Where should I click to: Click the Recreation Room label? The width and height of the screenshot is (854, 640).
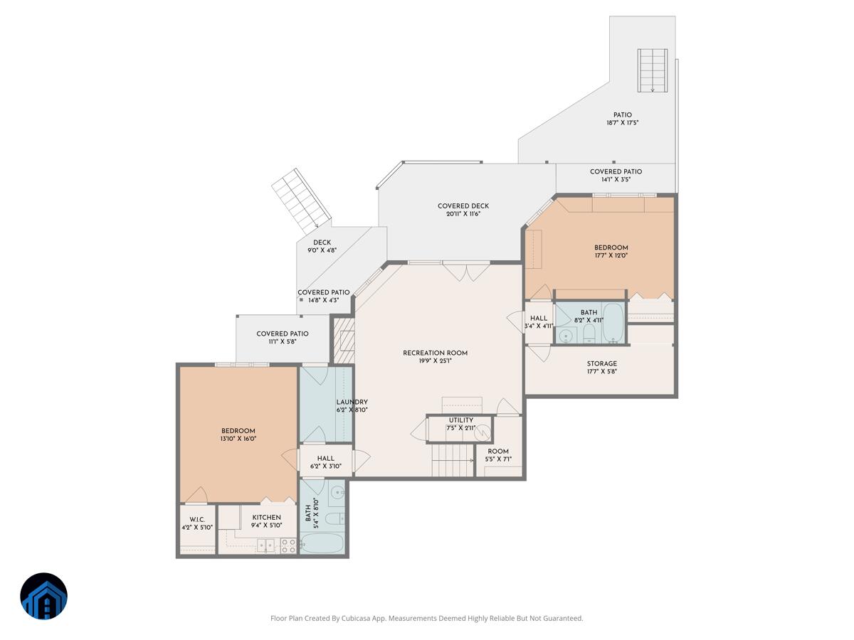[x=435, y=353]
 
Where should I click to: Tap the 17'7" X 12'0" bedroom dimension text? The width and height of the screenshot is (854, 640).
[x=611, y=255]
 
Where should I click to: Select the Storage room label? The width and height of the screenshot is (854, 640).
[x=602, y=363]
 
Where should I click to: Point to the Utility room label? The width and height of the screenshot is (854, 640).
[x=461, y=420]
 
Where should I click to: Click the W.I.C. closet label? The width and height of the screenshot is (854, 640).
[x=197, y=520]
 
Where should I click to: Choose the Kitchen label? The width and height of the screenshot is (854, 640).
[x=266, y=517]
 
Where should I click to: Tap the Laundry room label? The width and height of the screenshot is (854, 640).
[x=352, y=402]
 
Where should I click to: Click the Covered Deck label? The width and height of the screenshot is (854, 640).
[x=463, y=206]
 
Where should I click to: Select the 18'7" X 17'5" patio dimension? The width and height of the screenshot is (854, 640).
[x=623, y=123]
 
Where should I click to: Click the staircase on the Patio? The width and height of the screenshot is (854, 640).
[x=653, y=70]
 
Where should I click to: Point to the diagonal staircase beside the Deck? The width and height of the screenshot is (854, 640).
[x=302, y=199]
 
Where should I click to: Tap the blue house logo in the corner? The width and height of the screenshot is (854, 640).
[x=43, y=596]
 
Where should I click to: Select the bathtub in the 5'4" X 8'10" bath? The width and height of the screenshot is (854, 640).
[x=322, y=543]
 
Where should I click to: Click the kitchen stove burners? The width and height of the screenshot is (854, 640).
[x=289, y=545]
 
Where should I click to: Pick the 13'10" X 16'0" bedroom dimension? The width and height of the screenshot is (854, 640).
[x=238, y=439]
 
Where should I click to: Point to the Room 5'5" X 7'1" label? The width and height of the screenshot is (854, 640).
[x=498, y=455]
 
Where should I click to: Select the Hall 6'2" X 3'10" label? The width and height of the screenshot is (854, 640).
[x=326, y=462]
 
